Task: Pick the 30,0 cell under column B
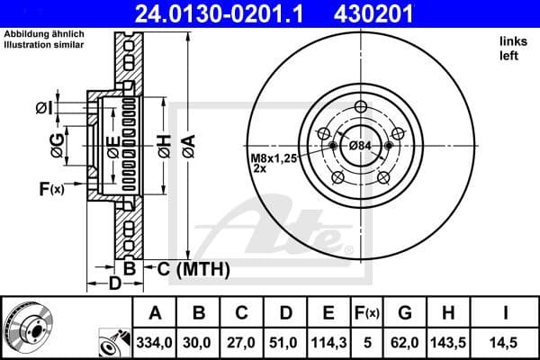[x=199, y=344]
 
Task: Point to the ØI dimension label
[x=43, y=108]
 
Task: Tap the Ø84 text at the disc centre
[x=360, y=146]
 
